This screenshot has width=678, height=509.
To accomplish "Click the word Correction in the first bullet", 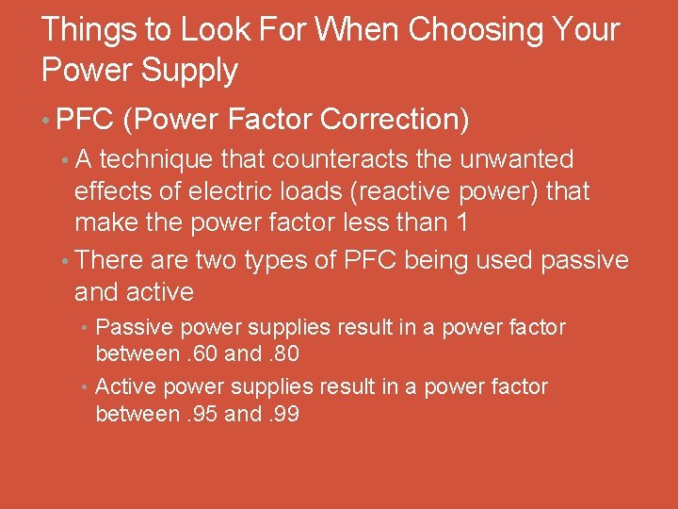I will tap(395, 120).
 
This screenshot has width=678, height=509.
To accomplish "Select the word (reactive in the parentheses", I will tap(376, 191).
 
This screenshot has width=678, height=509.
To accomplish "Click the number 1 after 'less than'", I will tap(461, 223).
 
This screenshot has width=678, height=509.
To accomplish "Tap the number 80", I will tap(284, 354).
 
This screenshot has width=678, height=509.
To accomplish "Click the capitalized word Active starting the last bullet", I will tap(126, 386).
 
